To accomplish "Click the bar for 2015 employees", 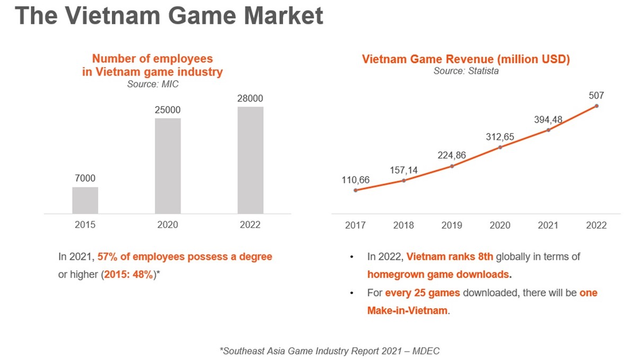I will [x=85, y=200].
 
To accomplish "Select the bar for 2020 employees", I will [x=168, y=165].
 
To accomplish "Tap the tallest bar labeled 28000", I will [x=250, y=160].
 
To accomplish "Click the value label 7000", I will [x=85, y=178].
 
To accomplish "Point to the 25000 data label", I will [x=168, y=110].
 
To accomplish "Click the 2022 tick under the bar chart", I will [x=250, y=225].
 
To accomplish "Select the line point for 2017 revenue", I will [x=355, y=190].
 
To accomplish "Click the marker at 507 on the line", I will [x=596, y=106].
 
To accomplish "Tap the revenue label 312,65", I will [x=500, y=137].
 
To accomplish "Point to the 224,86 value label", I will [x=452, y=155].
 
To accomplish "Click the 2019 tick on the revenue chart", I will [x=452, y=225].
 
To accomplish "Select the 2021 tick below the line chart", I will [x=548, y=225].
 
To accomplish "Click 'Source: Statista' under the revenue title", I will [x=466, y=71].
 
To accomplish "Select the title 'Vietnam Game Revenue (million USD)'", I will [x=466, y=59].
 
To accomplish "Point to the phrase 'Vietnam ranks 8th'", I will [x=450, y=257].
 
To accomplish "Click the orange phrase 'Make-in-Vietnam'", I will [x=408, y=311].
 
